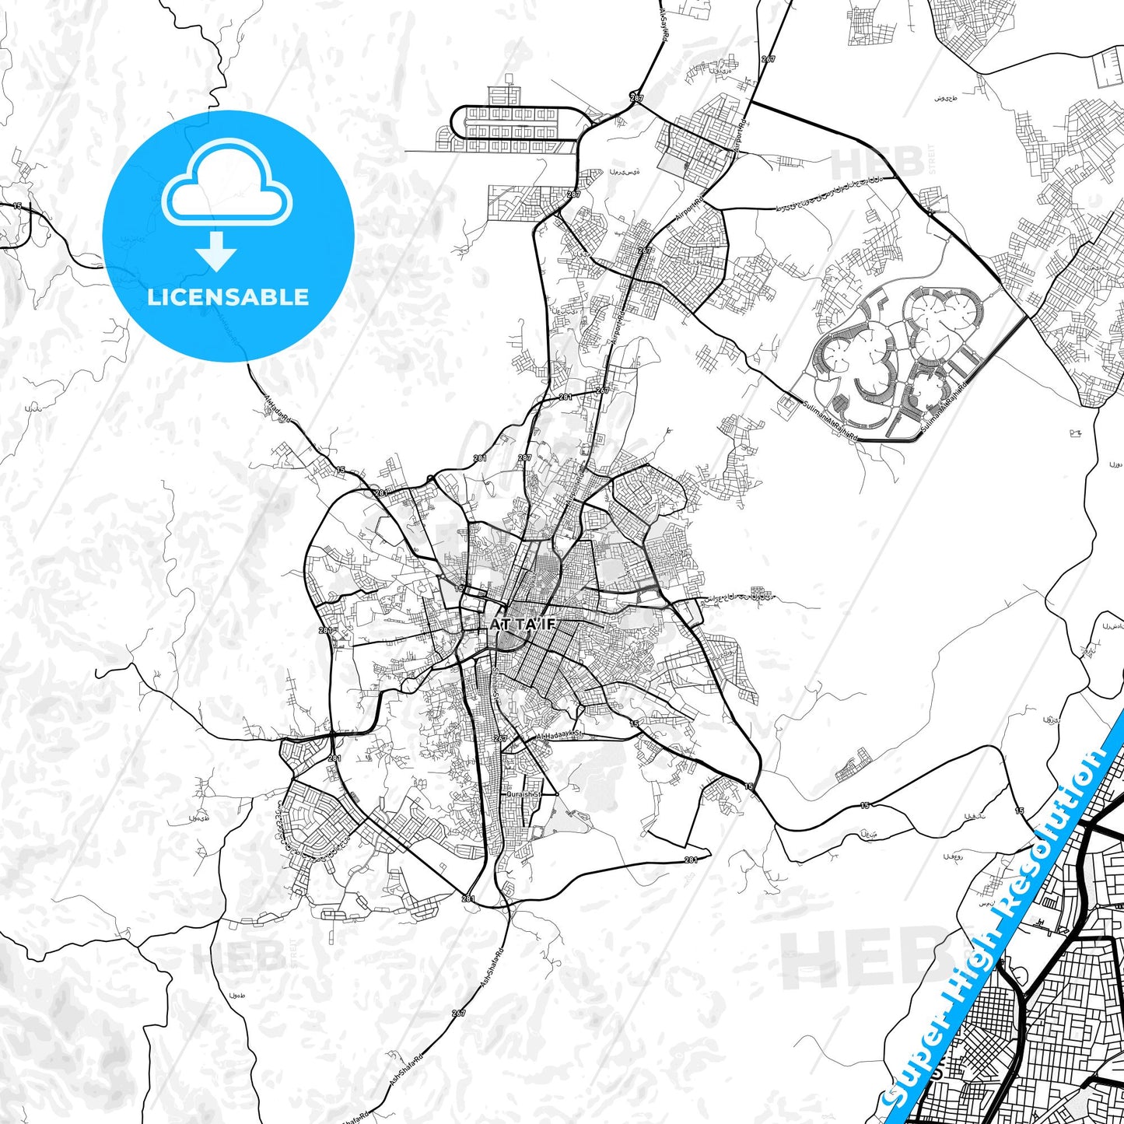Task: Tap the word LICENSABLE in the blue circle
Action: click(228, 296)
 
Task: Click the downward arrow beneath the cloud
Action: click(216, 253)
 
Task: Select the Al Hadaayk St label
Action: click(559, 735)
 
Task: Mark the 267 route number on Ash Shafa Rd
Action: click(458, 1014)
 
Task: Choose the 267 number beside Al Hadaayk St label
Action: click(500, 738)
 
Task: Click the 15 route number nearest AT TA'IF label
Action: click(459, 588)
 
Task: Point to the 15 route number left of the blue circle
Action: click(16, 206)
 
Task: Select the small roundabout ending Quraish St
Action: click(557, 793)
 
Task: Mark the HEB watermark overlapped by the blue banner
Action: click(856, 961)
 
